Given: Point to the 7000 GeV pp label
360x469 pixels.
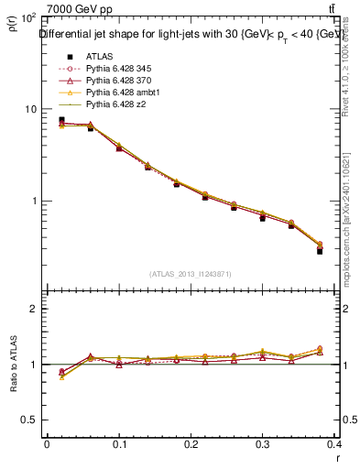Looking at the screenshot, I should point(74,9).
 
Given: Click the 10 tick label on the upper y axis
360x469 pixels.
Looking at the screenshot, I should point(30,109).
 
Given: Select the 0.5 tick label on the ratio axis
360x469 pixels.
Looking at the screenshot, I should point(29,420).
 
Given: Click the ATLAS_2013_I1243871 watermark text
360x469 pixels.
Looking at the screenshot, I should point(191,274).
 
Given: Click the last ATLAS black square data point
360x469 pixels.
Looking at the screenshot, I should point(320,250).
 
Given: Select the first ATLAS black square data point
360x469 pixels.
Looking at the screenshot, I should point(61,119).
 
